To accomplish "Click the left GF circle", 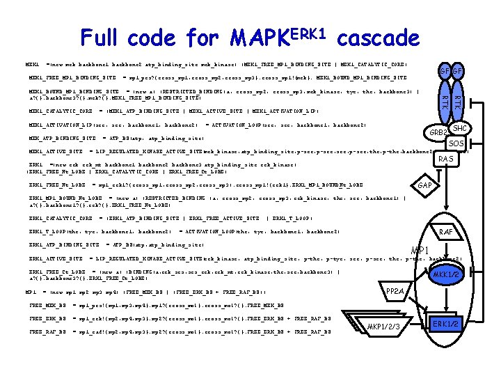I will [x=443, y=71].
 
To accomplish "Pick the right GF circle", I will [x=457, y=71].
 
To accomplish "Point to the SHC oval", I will [x=460, y=129].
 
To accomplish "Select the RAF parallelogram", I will [x=446, y=231].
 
